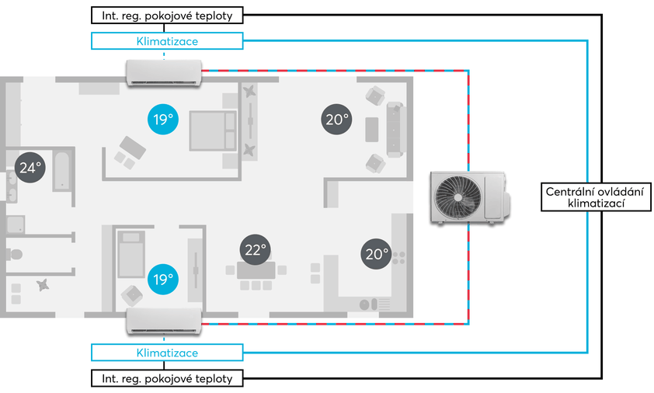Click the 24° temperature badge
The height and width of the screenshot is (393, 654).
coord(30,167)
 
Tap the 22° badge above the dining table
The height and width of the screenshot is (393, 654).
coord(256,249)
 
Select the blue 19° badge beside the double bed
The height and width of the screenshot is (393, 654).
coord(163,120)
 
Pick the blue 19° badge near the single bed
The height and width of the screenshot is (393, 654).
coord(163,279)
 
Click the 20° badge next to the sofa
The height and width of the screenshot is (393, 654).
coord(336,120)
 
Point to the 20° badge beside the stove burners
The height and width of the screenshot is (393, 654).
coord(376,254)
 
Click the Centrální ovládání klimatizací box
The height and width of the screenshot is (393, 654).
coord(596,197)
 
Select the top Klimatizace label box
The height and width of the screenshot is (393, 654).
coord(167,41)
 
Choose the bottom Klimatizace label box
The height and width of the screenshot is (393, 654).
coord(167,353)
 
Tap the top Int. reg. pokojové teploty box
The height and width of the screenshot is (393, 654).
coord(167,16)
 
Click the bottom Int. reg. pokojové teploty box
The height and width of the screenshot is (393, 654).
coord(167,378)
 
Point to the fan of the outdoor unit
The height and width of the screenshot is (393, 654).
coord(457,197)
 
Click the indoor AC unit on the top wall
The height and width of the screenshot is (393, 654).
coord(164,73)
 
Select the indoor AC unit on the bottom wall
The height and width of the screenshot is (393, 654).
coord(164,322)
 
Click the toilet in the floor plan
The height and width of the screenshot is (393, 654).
coord(14,254)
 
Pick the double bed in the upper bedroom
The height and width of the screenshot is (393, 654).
coord(213,130)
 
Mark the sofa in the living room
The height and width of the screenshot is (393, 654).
coord(395,130)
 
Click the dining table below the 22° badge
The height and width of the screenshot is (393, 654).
coord(256,270)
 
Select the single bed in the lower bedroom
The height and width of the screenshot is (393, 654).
coord(131,254)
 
